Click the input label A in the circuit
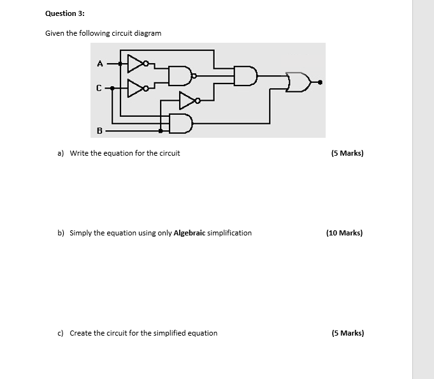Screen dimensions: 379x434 click(x=99, y=63)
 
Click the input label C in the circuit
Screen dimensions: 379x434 click(x=99, y=89)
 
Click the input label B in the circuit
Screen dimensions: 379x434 click(x=99, y=131)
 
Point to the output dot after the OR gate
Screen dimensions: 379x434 click(x=320, y=82)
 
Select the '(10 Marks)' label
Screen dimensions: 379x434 click(x=344, y=233)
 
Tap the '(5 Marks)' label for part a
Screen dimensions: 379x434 click(x=347, y=153)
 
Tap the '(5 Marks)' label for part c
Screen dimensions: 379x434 click(x=347, y=333)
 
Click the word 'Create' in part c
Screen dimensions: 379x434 click(x=81, y=333)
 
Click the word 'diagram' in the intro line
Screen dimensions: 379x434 click(x=147, y=33)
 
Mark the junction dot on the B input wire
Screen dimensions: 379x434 click(x=160, y=131)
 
